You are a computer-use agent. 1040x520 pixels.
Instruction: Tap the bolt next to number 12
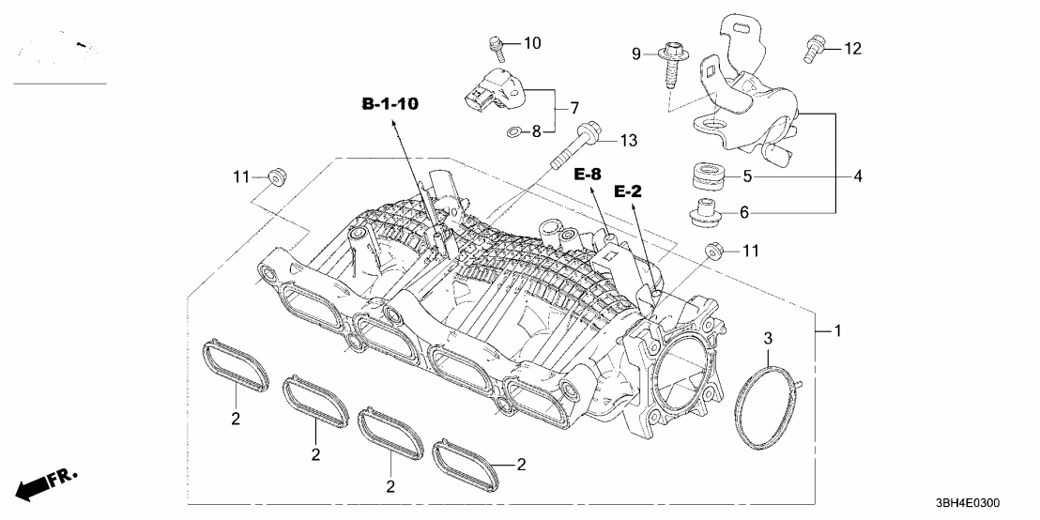coord(814,48)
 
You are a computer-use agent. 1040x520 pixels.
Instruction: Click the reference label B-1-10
coord(390,103)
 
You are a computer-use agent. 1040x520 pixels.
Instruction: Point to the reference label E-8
coord(589,174)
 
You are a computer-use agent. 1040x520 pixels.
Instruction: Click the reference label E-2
coord(627,191)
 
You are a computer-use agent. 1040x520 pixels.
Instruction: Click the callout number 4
coord(858,176)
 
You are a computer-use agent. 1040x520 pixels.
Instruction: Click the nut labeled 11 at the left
coord(275,176)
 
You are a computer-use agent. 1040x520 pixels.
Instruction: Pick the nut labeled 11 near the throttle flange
coord(715,251)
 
